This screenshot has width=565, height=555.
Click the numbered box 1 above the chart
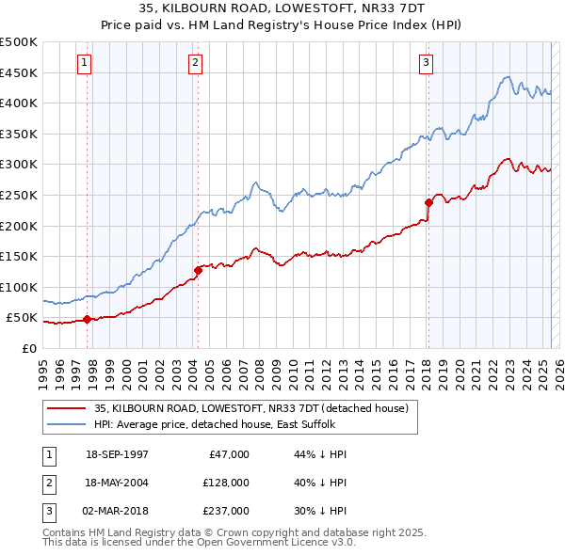(x=85, y=63)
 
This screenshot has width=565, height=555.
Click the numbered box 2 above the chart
(x=195, y=63)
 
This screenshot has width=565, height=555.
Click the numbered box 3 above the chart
(x=426, y=63)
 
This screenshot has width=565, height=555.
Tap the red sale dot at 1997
(x=88, y=319)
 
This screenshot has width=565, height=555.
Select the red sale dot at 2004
(x=198, y=270)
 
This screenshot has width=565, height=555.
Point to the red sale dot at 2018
(x=428, y=202)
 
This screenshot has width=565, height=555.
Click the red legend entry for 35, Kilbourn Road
(x=250, y=408)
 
